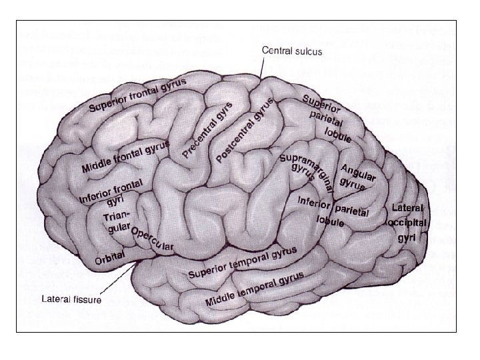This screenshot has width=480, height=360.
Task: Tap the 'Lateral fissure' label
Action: (x=71, y=299)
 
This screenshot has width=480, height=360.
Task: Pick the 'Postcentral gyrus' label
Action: (x=245, y=129)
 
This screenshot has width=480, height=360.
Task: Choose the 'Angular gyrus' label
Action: (x=358, y=177)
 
